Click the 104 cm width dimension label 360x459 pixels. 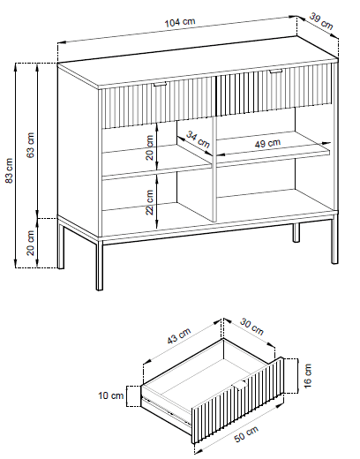180,22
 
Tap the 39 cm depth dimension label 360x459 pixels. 321,21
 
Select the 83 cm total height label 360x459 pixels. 9,170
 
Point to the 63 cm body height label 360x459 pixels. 31,145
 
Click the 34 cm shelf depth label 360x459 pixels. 198,139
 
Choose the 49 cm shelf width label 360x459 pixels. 267,144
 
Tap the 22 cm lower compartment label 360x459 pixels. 150,202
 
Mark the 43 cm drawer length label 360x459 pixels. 179,335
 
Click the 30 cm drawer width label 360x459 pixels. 251,327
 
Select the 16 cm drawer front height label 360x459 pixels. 308,376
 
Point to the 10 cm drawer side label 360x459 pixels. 111,395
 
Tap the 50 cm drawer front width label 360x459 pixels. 246,434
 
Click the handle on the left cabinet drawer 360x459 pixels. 160,84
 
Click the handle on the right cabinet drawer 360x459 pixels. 276,71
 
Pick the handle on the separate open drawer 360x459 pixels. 241,385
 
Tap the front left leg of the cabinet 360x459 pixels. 100,265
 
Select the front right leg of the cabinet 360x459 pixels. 334,239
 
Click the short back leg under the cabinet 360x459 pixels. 296,232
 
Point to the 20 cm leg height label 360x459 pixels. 31,243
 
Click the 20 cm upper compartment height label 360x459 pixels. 150,147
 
